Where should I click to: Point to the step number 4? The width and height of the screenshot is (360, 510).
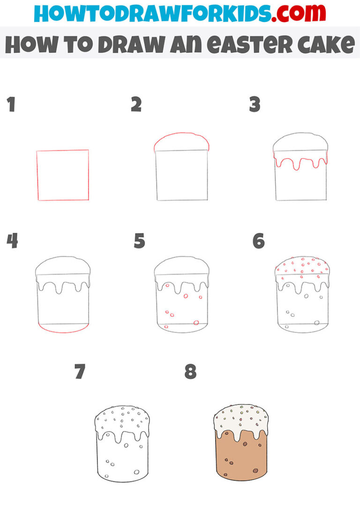[x=12, y=242]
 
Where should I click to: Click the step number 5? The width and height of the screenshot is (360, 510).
[x=139, y=242]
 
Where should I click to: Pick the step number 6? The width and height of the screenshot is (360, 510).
[x=258, y=242]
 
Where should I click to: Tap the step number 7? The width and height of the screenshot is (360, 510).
[x=80, y=372]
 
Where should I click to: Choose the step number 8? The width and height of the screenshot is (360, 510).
[x=190, y=372]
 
